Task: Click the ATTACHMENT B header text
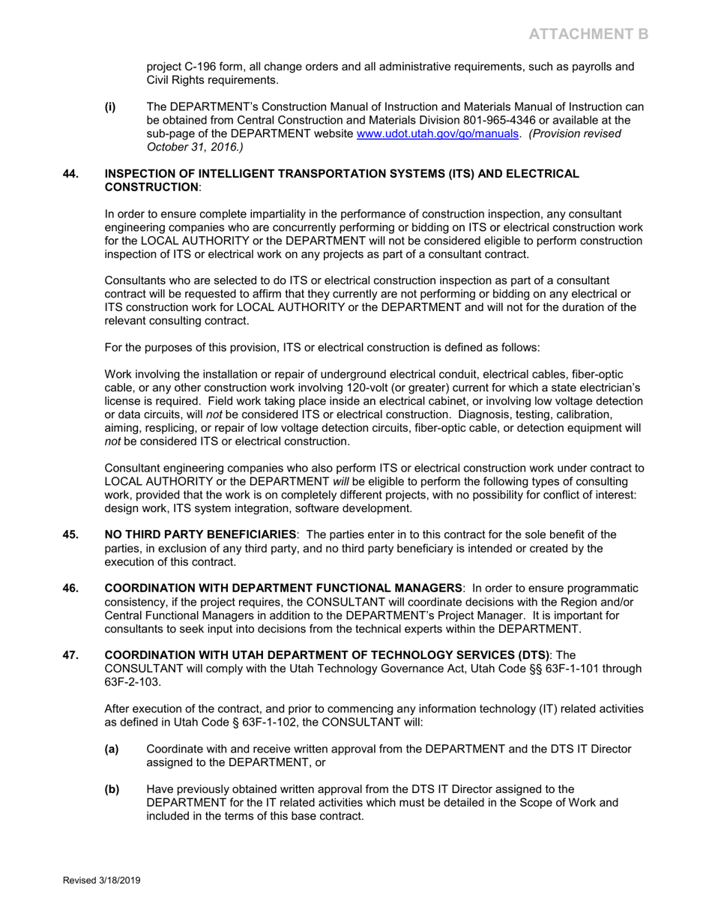[588, 34]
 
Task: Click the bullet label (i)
[110, 107]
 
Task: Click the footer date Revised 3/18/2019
[101, 881]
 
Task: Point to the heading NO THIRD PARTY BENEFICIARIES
[199, 534]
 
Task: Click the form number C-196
[203, 67]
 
